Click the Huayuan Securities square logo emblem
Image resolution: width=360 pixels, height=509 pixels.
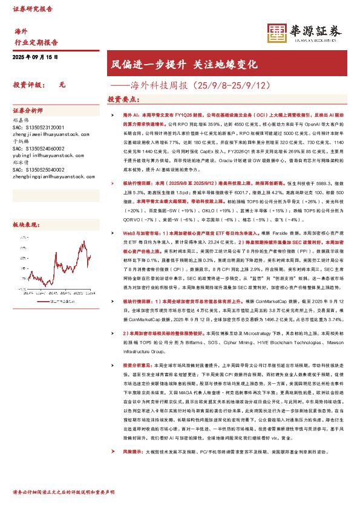click(277, 33)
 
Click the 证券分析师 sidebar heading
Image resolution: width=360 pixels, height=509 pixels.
click(28, 111)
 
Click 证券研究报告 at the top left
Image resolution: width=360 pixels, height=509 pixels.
click(31, 9)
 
